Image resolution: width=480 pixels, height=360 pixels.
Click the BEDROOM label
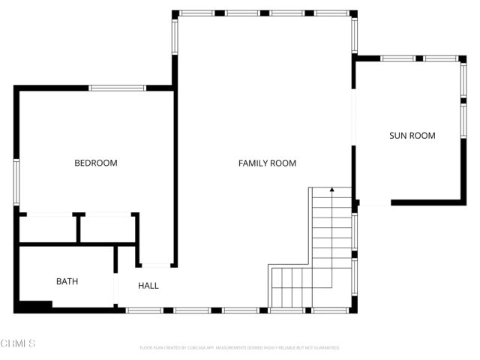(95, 163)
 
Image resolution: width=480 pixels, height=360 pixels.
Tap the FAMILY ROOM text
(267, 163)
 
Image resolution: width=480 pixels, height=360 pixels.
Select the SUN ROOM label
(412, 136)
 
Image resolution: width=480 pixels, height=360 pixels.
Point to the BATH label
(67, 282)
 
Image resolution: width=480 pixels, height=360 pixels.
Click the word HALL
(148, 286)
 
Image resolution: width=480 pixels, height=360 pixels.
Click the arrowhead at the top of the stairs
(331, 190)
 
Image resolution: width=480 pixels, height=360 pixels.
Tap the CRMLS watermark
(18, 343)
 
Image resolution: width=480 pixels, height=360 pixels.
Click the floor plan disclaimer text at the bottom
(239, 348)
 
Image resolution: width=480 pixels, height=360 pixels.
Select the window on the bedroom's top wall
(118, 88)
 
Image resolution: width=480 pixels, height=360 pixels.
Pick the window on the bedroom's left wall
(16, 182)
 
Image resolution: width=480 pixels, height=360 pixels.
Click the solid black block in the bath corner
(34, 305)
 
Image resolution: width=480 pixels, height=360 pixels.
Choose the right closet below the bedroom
(107, 228)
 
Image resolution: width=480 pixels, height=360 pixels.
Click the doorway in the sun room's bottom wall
(375, 202)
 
